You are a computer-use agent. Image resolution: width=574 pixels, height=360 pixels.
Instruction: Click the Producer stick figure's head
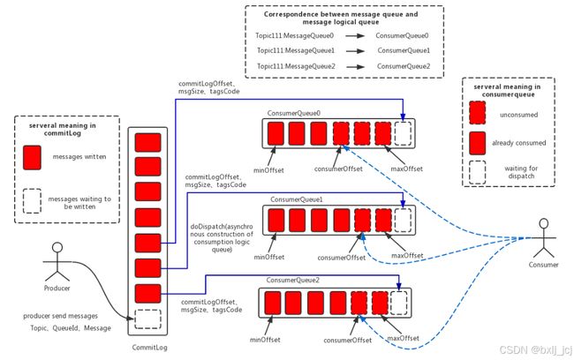pos(57,248)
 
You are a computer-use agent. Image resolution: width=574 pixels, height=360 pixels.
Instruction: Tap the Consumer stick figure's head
pos(544,223)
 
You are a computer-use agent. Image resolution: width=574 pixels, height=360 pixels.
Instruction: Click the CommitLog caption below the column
pos(150,347)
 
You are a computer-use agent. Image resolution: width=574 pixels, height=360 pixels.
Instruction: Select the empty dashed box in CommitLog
pos(147,319)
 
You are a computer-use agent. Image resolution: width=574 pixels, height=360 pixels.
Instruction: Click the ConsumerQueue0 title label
pos(293,114)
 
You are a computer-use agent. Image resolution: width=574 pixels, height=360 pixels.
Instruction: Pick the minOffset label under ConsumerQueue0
pos(268,170)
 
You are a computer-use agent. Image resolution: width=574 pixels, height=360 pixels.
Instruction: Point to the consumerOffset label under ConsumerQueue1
pos(342,258)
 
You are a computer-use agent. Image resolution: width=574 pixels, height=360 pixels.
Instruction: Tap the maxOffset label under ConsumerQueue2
pos(403,338)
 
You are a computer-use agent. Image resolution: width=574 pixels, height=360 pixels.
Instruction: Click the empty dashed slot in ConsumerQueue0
pos(403,133)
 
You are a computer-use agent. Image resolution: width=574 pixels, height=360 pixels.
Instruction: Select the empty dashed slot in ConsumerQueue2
pos(398,303)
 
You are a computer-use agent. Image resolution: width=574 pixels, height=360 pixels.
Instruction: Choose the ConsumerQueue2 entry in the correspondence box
pos(404,66)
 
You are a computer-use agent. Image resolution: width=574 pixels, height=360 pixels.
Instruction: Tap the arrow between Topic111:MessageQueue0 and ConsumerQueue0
pos(355,36)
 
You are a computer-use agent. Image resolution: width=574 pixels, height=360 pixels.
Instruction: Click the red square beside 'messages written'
pos(32,158)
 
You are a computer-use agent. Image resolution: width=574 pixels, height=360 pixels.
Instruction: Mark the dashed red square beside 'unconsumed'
pos(478,113)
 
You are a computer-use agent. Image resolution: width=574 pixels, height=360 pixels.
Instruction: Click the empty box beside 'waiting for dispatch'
pos(478,172)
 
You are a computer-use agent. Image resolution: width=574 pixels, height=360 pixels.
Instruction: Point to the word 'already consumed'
pos(518,143)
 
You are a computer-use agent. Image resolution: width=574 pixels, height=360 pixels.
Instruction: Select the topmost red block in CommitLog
pos(147,143)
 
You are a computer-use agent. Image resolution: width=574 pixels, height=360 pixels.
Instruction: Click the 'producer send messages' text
pos(60,316)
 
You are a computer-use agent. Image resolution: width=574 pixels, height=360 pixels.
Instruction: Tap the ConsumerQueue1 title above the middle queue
pos(297,199)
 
